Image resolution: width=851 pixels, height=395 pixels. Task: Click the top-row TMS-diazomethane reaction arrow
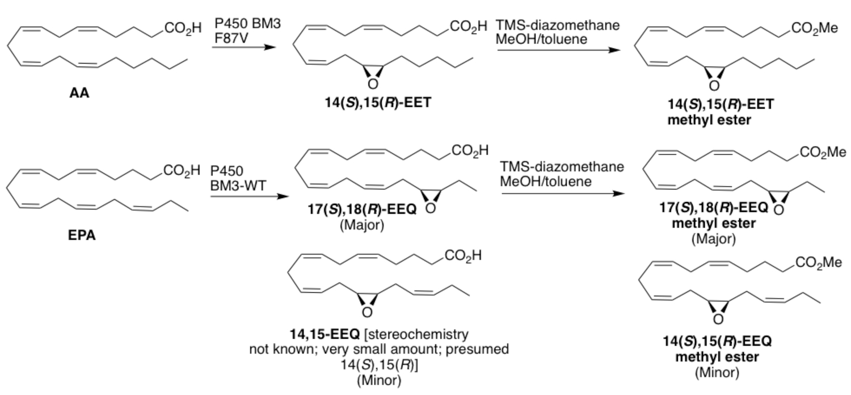[557, 50]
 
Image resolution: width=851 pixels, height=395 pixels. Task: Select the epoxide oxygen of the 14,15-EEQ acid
[368, 313]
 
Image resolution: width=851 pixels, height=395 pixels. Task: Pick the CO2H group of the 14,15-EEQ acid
[463, 257]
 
